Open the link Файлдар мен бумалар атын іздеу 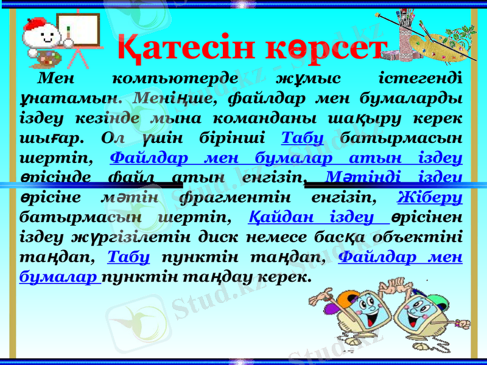(x=286, y=157)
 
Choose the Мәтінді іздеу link (x=393, y=176)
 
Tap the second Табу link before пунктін (x=128, y=257)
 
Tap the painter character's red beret (x=42, y=24)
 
